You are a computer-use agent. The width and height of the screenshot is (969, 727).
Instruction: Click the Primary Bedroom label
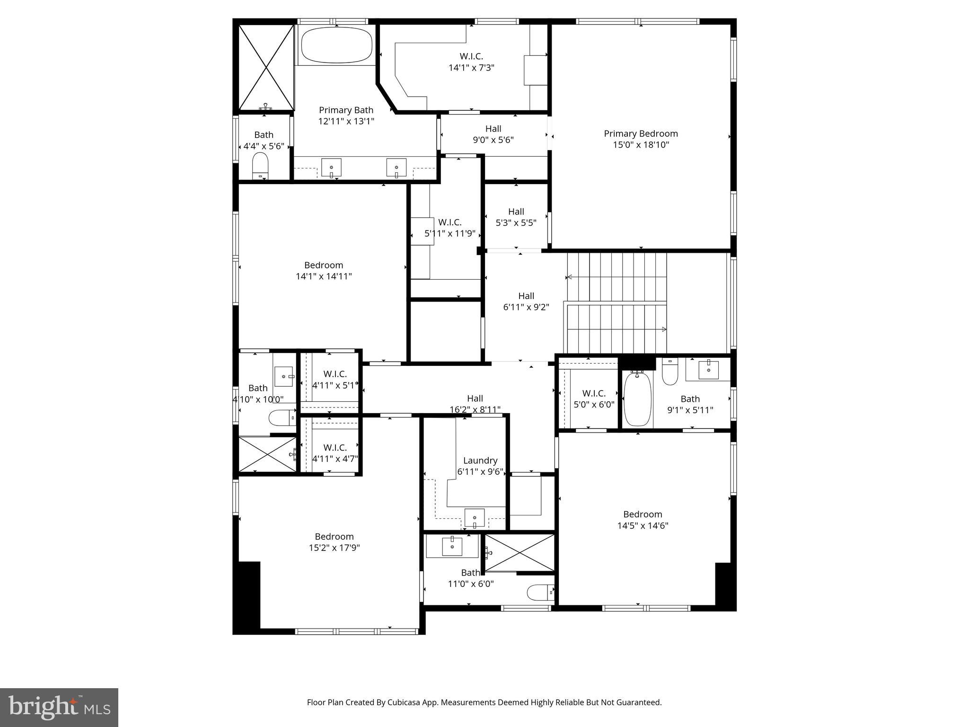click(641, 134)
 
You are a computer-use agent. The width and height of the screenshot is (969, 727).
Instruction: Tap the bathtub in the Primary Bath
click(336, 45)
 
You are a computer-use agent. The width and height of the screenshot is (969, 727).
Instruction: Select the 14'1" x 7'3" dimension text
click(471, 68)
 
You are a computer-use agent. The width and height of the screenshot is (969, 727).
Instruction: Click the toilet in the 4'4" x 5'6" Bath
click(260, 165)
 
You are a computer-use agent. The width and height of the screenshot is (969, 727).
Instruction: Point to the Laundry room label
click(480, 461)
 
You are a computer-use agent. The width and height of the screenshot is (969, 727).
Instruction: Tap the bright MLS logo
click(59, 708)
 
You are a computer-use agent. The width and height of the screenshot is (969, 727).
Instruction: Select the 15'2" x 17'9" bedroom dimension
click(334, 548)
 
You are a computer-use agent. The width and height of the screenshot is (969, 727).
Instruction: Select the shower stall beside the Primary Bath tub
click(265, 67)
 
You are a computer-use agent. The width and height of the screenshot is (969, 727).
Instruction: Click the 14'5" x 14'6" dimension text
click(643, 525)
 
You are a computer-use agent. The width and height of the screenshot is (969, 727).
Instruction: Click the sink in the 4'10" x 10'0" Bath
click(284, 377)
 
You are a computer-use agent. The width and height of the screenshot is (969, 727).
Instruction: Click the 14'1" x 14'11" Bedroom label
click(324, 265)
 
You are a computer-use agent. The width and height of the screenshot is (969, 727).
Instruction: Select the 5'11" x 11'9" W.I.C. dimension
click(449, 233)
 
